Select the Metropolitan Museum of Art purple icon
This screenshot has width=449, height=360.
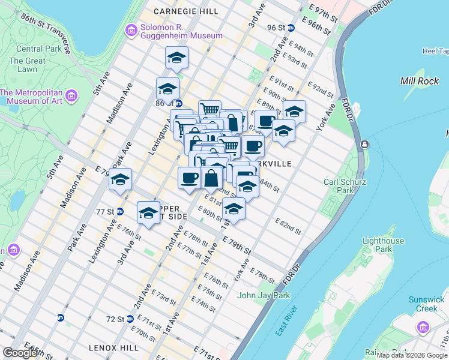coord(71,96)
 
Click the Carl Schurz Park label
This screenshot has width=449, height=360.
coord(343,186)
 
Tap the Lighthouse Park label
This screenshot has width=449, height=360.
coord(383,245)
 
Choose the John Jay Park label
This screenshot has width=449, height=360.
coord(264,295)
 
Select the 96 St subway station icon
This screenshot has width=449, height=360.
coord(291,28)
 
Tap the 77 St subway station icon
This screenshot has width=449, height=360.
coord(119,212)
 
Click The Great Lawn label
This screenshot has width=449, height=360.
coord(27,65)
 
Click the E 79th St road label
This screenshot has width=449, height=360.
coord(237,244)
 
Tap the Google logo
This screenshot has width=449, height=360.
coord(19,353)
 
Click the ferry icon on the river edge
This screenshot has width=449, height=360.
coord(364,145)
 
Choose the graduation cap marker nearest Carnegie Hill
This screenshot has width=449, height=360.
coord(176,58)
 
